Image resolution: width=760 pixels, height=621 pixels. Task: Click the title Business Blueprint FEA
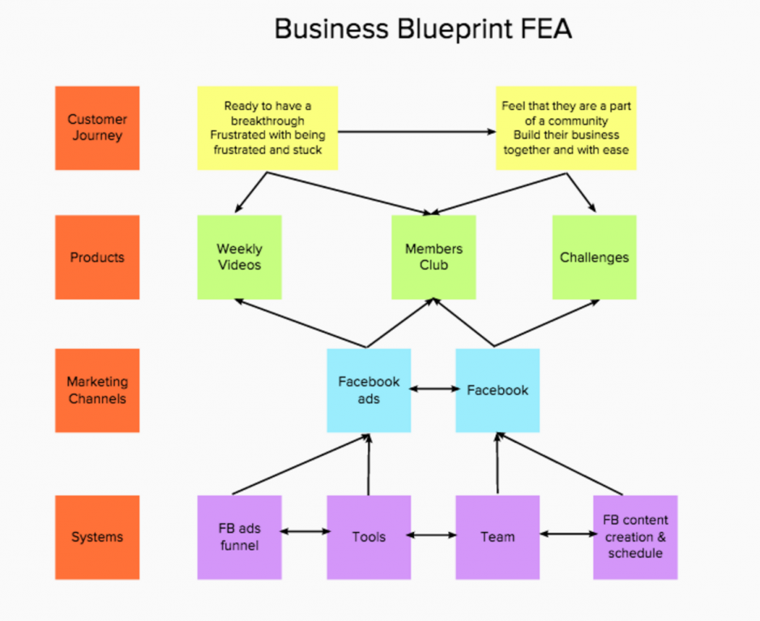[423, 29]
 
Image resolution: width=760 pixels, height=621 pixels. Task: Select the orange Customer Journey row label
[97, 128]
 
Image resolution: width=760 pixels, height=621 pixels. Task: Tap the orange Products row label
[97, 257]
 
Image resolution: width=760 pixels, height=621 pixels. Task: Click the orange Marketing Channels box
[97, 390]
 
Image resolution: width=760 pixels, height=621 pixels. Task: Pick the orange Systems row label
[97, 538]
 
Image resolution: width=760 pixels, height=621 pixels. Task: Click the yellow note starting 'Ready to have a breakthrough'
[267, 128]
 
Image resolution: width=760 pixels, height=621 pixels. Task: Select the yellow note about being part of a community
[566, 128]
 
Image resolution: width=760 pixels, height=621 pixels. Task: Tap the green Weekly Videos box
[239, 257]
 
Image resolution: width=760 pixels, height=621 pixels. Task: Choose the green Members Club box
[433, 257]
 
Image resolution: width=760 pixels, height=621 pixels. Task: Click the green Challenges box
[594, 257]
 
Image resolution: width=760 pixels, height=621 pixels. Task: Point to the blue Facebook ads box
[369, 390]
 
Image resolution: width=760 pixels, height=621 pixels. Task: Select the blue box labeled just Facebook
[497, 390]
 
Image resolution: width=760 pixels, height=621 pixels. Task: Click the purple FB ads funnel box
[239, 538]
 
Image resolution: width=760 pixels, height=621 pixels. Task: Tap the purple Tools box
[369, 538]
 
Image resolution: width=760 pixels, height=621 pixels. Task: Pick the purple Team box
[497, 538]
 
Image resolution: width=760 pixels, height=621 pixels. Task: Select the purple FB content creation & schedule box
[635, 538]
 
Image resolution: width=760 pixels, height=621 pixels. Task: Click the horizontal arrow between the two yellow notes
[416, 131]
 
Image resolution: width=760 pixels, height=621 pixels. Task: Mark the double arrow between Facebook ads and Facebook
[433, 389]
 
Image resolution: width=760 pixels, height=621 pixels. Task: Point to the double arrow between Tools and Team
[433, 535]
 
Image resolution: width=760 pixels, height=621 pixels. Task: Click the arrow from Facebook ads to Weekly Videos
[300, 322]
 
